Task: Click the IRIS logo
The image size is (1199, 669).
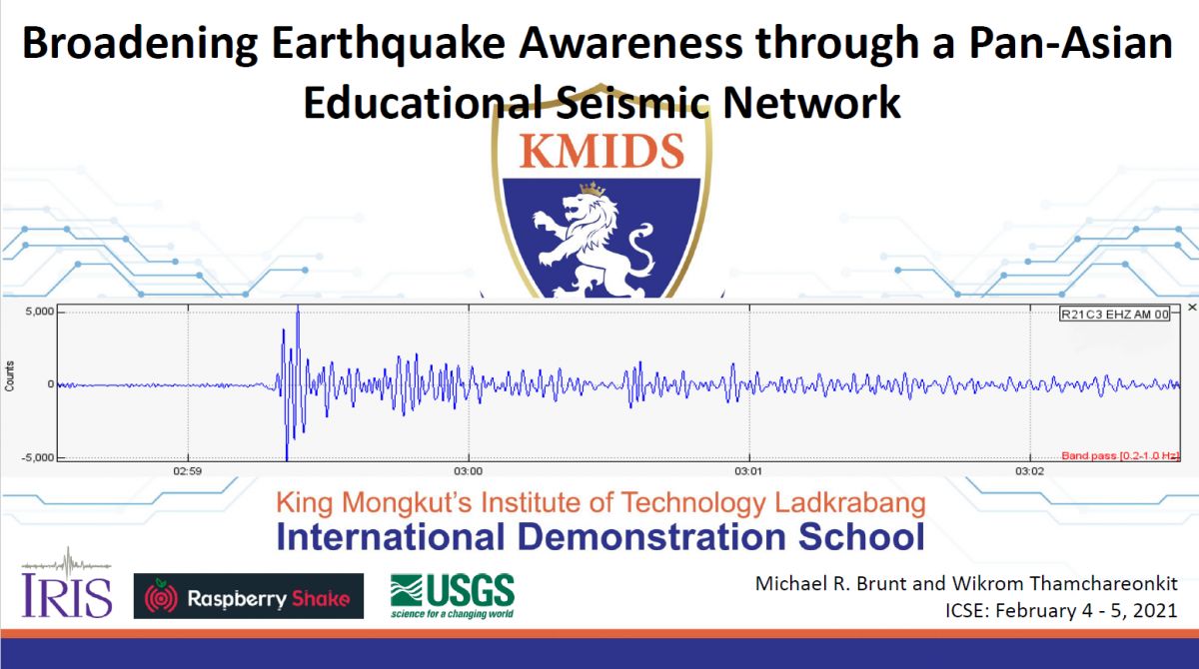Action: (x=66, y=583)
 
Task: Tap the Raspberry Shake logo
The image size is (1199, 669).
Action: (x=249, y=596)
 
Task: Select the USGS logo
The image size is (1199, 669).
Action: (x=453, y=596)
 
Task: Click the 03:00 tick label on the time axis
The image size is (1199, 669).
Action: (x=469, y=471)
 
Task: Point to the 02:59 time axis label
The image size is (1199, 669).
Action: (x=188, y=471)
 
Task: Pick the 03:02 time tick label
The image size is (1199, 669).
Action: (x=1030, y=471)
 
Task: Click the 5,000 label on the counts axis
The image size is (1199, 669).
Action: (x=40, y=312)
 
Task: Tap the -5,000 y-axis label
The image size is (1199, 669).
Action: (x=38, y=457)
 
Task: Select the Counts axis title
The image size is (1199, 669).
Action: (x=9, y=376)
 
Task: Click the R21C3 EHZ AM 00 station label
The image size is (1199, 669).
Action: (x=1114, y=314)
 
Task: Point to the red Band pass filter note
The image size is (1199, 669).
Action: (x=1120, y=455)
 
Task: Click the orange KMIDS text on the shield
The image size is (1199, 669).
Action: (x=601, y=152)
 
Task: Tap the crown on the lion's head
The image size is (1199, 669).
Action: (x=593, y=189)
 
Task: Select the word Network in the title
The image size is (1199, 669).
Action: (x=811, y=102)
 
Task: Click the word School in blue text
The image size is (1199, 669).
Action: (x=861, y=536)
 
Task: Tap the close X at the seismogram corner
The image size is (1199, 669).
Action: (x=1192, y=307)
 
